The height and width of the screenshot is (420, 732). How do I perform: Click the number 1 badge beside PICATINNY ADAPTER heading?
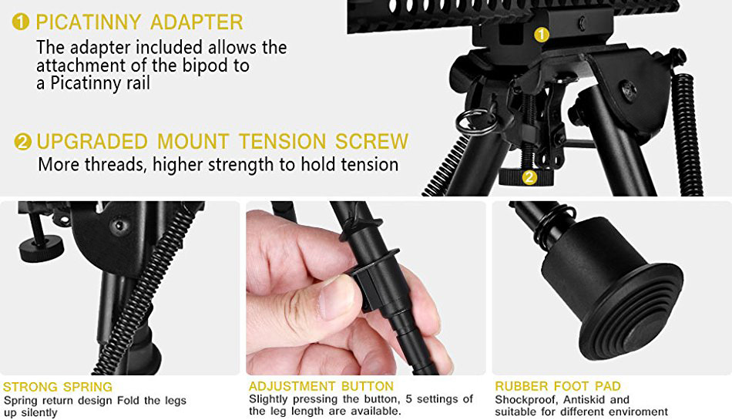click(21, 22)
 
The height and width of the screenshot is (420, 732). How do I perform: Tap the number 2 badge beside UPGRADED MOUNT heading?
click(23, 141)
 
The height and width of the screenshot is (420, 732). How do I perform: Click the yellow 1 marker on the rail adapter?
click(541, 35)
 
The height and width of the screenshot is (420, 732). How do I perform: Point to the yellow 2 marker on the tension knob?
click(529, 177)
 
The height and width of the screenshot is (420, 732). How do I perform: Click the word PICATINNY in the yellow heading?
click(89, 22)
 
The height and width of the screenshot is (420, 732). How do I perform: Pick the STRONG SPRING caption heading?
click(58, 387)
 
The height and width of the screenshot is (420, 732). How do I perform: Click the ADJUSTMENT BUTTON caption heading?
click(321, 386)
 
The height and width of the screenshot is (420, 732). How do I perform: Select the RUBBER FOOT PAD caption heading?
click(558, 386)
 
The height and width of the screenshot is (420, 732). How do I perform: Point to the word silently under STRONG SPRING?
click(39, 413)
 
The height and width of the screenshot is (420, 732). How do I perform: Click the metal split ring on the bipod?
click(475, 121)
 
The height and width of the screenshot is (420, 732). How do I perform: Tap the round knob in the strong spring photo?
click(41, 246)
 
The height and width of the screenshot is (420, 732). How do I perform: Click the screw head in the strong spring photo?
click(120, 225)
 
